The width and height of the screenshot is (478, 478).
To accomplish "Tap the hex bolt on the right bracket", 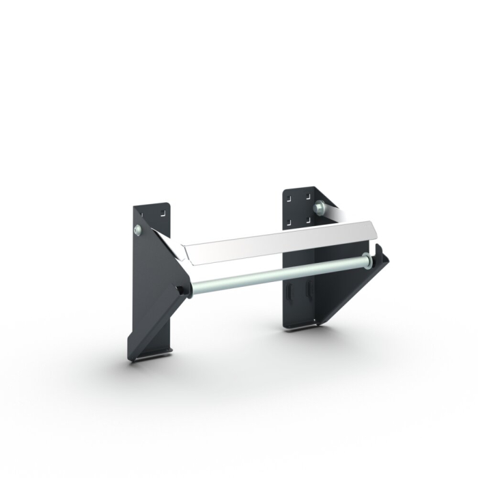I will pos(318,206).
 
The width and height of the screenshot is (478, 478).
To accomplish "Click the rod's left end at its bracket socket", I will pos(186,290).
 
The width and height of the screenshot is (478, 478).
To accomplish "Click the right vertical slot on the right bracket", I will pos(309,290).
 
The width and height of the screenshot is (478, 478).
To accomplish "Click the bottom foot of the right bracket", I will pos(300,326).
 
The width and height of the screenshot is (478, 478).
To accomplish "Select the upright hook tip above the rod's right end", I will pos(378,252).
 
